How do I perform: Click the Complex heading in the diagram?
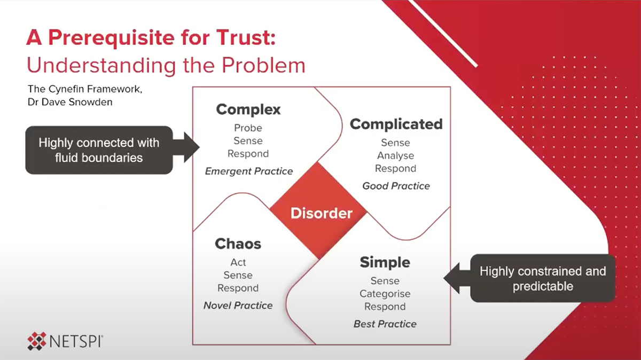[x=248, y=110]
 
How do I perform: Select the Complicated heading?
[x=396, y=124]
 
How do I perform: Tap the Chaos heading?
[x=238, y=244]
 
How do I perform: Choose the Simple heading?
[x=385, y=262]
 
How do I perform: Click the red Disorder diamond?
[x=321, y=213]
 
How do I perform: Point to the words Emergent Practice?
[x=249, y=171]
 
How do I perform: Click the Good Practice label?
[x=396, y=186]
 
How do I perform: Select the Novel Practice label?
[x=238, y=306]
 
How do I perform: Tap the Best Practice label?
[x=385, y=324]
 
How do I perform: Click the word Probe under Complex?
[x=248, y=128]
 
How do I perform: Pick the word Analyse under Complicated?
[x=395, y=156]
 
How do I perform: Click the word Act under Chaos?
[x=238, y=262]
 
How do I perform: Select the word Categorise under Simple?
[x=385, y=294]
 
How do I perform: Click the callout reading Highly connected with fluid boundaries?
[x=99, y=150]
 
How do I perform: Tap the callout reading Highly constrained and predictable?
[x=543, y=278]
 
